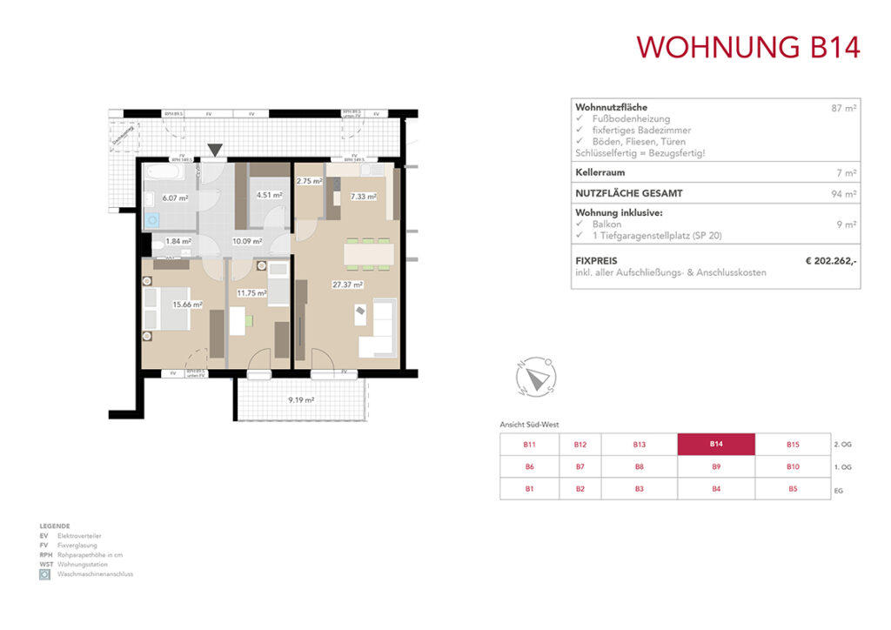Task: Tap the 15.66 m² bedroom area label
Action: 187,305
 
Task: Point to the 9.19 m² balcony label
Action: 301,400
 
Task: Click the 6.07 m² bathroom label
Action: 176,197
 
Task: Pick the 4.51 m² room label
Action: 270,195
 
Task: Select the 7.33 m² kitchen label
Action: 363,197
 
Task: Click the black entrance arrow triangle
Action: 215,151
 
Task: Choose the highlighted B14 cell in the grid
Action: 716,444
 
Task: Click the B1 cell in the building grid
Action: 528,489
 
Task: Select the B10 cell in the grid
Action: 792,466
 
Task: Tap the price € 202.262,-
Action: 831,259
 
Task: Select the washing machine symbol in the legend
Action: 44,574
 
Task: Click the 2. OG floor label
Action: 842,444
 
